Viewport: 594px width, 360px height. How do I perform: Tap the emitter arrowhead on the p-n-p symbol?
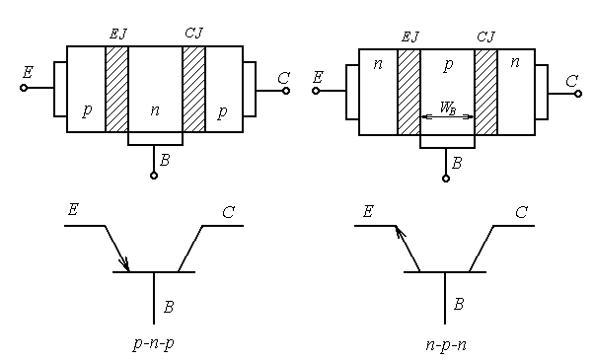124,262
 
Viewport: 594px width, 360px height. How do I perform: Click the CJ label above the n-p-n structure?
485,36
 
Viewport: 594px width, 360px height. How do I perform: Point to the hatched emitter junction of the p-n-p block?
116,89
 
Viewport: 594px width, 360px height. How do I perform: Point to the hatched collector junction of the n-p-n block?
485,92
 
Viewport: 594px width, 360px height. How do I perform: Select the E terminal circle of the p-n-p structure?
24,88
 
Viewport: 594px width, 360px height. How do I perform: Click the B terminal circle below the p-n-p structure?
154,176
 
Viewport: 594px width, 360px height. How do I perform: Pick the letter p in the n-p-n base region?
448,65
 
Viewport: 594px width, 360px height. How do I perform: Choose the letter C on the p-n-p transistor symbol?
228,211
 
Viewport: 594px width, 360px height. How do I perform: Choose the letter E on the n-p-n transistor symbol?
369,211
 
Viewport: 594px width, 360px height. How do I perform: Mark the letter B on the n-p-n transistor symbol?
459,305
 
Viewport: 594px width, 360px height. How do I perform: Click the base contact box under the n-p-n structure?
447,142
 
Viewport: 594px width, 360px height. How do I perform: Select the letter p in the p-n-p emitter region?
87,110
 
